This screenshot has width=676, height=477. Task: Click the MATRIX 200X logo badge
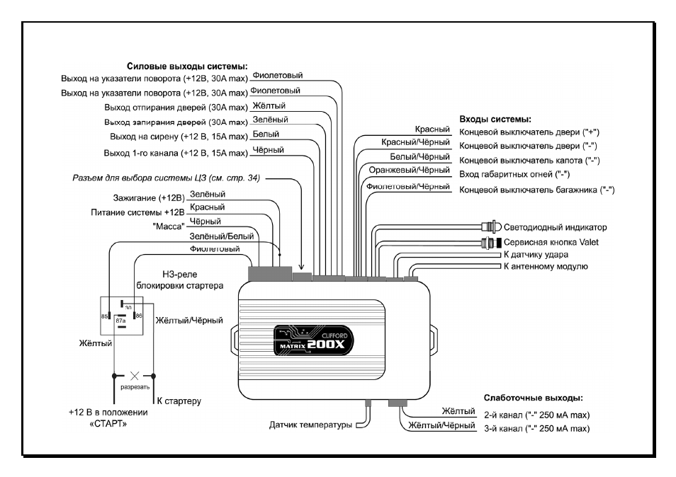313,340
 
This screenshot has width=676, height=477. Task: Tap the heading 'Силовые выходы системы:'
187,67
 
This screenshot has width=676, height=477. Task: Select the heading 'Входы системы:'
495,119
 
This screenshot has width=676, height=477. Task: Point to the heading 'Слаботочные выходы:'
534,398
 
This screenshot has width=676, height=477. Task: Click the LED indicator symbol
492,226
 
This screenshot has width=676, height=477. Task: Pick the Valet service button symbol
492,242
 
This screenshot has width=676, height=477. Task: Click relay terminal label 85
104,316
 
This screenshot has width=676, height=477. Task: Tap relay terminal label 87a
120,321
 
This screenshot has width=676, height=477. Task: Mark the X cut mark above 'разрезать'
135,376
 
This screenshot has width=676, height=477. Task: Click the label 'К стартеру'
179,401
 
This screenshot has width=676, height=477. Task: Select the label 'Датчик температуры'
310,425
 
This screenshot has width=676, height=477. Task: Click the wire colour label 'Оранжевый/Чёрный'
409,170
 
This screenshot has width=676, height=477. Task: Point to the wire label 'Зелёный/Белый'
222,236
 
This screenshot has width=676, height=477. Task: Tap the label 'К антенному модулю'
546,267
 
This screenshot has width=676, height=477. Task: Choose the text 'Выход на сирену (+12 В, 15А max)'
179,137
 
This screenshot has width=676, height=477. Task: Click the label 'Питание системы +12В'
137,212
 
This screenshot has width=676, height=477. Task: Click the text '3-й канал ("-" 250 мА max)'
536,428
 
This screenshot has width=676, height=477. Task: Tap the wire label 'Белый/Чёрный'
420,156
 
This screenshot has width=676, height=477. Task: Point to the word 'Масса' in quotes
168,226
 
